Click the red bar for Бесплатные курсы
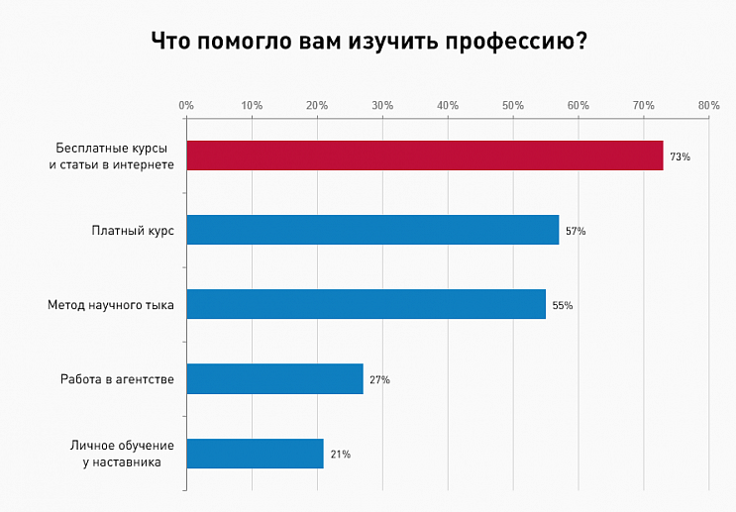point(424,155)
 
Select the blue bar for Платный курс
point(372,230)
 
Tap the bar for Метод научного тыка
point(366,304)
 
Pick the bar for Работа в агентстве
point(274,378)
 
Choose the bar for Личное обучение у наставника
point(255,453)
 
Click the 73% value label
point(680,156)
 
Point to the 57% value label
point(576,231)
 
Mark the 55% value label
point(563,305)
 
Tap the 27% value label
point(379,379)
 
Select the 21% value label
point(340,454)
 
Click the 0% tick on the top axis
point(186,104)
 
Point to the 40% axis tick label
point(448,104)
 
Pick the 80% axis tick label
point(708,104)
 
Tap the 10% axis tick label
point(252,104)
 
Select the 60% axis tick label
point(578,104)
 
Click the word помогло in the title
point(242,42)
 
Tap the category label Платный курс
point(133,230)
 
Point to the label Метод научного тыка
point(111,304)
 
